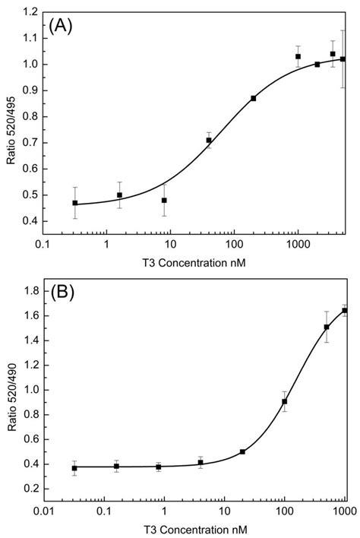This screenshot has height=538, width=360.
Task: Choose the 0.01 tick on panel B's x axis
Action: [x=44, y=513]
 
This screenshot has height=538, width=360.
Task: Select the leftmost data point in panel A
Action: [x=74, y=203]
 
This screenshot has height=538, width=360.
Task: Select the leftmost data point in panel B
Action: [x=74, y=468]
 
